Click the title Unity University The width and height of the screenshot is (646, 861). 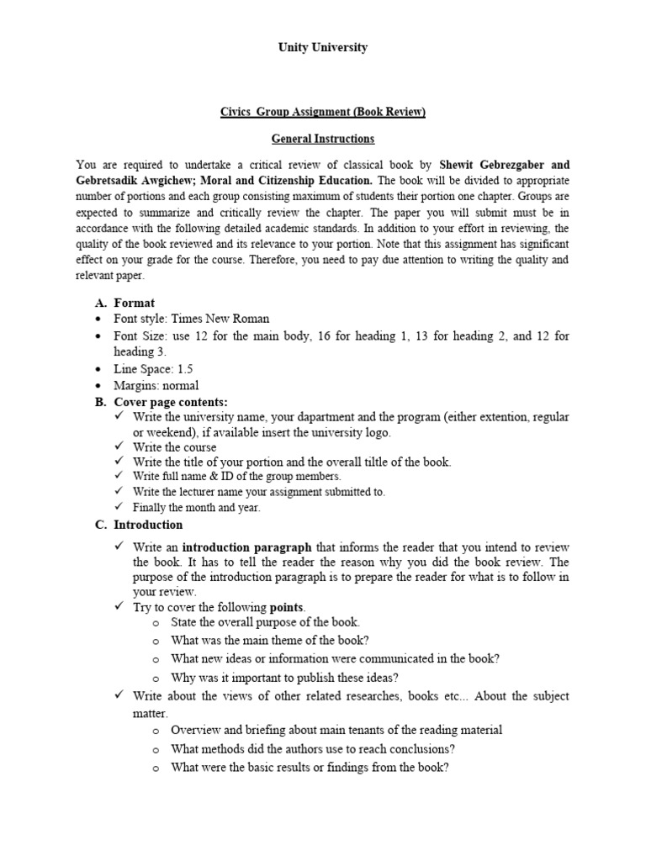tap(323, 48)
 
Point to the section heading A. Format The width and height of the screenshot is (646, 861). tap(125, 303)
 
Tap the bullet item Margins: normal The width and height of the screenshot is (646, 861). tap(156, 386)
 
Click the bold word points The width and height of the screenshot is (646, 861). tap(287, 607)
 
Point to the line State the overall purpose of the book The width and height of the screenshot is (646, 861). tap(265, 623)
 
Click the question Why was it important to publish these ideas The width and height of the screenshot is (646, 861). tap(284, 678)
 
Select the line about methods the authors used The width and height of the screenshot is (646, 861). tap(313, 749)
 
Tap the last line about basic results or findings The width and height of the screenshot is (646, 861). tap(310, 767)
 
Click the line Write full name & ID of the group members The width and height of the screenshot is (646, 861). tap(231, 477)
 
